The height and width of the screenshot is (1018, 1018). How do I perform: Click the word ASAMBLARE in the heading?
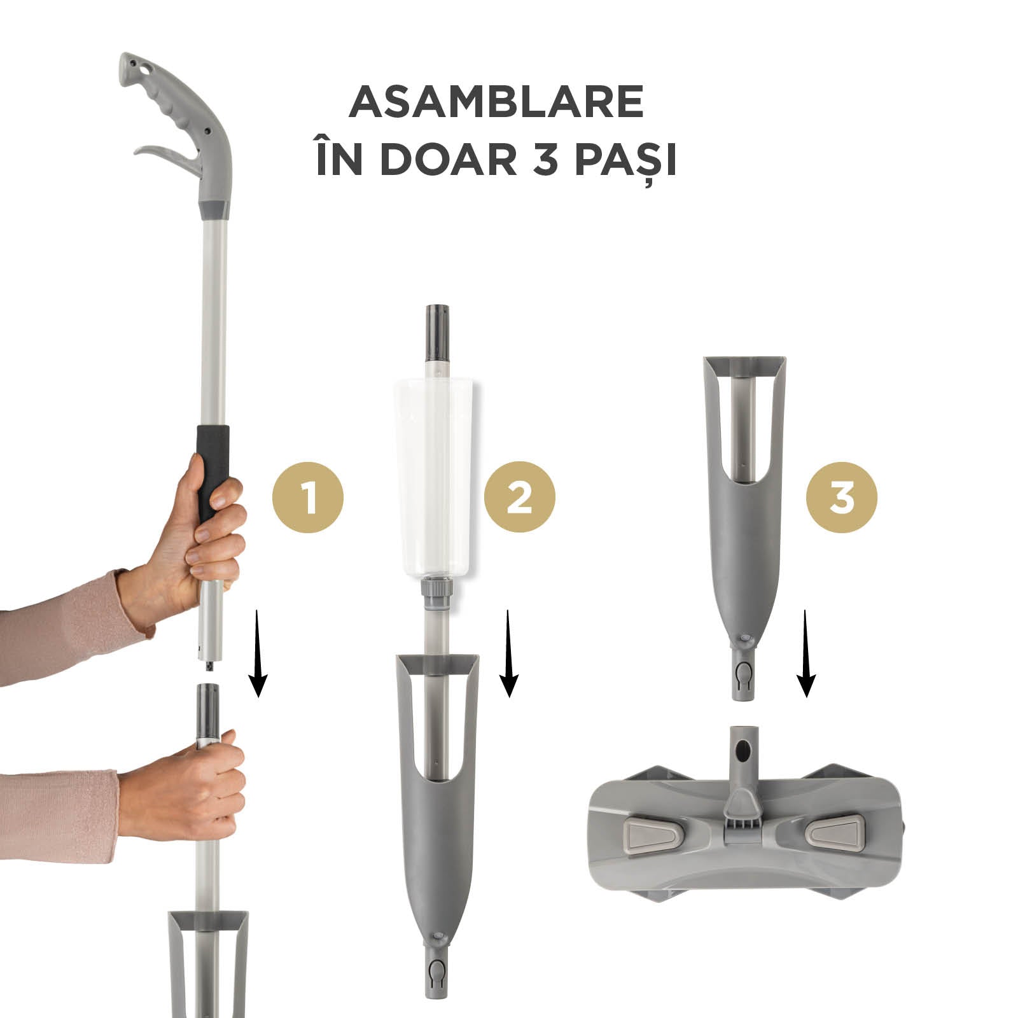tap(496, 102)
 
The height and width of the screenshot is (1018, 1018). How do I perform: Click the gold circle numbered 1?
tap(308, 496)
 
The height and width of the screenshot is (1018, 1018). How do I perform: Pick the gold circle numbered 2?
tap(519, 496)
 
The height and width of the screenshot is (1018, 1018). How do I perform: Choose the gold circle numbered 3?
tap(842, 496)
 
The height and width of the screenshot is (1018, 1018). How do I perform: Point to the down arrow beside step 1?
tap(258, 653)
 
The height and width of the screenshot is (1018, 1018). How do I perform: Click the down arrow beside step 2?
tap(509, 653)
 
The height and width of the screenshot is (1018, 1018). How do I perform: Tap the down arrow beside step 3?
tap(806, 653)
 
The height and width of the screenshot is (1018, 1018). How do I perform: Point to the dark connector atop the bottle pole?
tap(437, 333)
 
